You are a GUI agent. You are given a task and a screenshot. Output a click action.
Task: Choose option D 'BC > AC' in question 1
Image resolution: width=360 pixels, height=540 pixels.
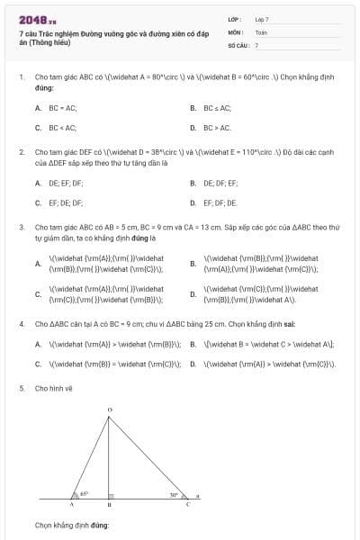(217, 128)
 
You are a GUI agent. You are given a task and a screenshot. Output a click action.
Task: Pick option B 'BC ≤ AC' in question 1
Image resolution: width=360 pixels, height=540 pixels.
(217, 108)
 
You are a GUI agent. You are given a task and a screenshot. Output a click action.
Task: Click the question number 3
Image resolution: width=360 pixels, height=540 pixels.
(22, 227)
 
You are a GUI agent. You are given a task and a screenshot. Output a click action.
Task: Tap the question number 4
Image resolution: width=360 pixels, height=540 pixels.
(22, 323)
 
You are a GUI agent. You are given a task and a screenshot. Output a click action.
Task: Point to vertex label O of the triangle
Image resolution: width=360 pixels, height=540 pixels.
(110, 409)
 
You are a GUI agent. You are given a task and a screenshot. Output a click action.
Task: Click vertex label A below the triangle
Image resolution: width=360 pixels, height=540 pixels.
(71, 506)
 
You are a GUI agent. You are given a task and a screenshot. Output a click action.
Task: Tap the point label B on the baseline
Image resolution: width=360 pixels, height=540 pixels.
(109, 506)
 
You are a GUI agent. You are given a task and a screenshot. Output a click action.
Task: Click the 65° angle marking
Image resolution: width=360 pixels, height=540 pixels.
(84, 493)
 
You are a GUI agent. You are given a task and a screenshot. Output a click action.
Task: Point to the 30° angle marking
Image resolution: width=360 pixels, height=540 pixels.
(174, 493)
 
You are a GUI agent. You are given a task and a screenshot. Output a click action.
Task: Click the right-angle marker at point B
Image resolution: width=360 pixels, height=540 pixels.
(112, 495)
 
